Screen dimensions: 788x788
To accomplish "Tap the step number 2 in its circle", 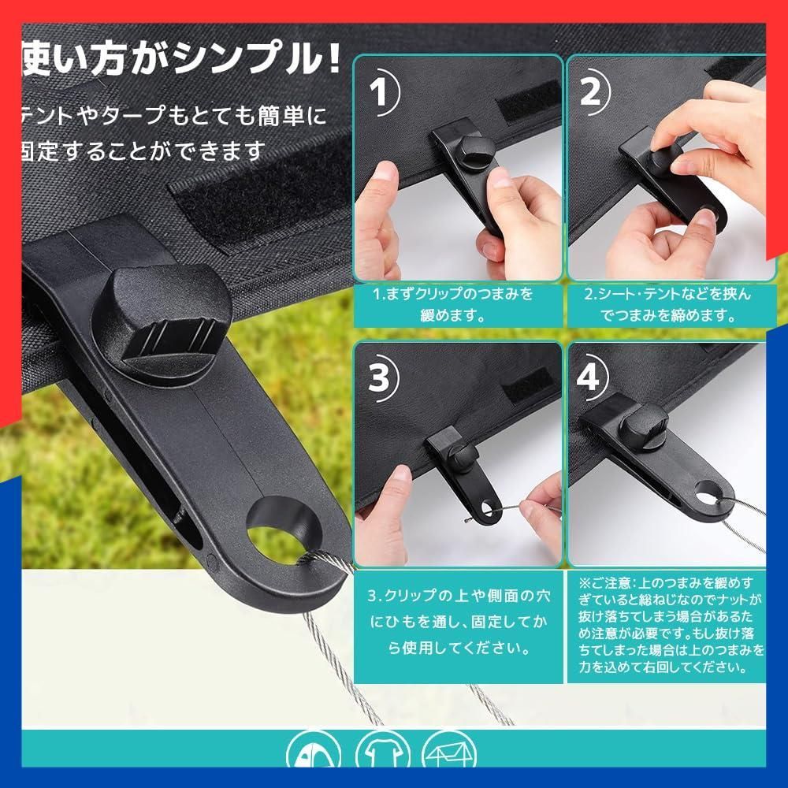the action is (590, 91).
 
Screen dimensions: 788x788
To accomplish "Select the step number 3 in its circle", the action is (379, 377).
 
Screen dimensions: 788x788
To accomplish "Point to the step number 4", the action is (589, 376).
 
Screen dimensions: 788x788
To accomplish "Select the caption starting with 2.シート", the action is (667, 304).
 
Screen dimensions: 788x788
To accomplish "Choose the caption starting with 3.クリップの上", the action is (458, 623).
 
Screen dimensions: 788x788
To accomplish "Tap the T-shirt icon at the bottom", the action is (380, 751).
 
